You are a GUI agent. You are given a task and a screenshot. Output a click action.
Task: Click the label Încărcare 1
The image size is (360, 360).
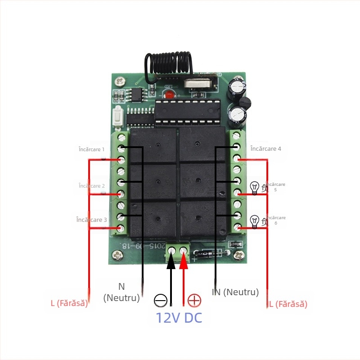pyautogui.click(x=91, y=149)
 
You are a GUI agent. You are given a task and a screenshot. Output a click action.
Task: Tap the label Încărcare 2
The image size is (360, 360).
pyautogui.click(x=91, y=186)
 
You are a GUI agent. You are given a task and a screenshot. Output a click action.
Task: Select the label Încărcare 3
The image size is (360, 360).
pyautogui.click(x=92, y=220)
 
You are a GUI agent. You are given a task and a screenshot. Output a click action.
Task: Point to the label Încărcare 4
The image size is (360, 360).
pyautogui.click(x=266, y=148)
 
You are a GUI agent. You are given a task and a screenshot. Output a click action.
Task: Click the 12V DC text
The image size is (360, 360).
pyautogui.click(x=179, y=318)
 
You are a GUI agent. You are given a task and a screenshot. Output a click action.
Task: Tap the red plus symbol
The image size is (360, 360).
pyautogui.click(x=194, y=300)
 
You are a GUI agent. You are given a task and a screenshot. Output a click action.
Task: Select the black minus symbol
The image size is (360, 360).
pyautogui.click(x=161, y=300)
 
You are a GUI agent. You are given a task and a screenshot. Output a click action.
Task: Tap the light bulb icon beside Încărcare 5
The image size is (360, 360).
pyautogui.click(x=255, y=188)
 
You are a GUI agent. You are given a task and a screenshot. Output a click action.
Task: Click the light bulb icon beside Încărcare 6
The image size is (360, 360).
pyautogui.click(x=255, y=221)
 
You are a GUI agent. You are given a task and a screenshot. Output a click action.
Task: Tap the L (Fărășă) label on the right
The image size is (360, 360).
pyautogui.click(x=288, y=304)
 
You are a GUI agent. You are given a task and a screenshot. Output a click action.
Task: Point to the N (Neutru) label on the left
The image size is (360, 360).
pyautogui.click(x=121, y=292)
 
